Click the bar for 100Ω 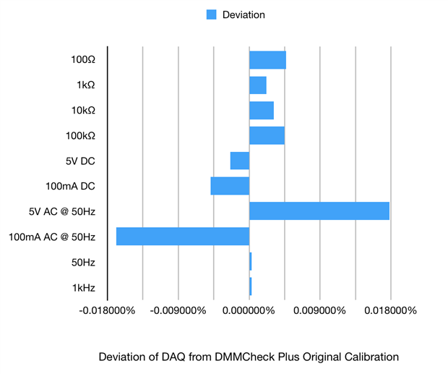point(267,60)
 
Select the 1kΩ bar point(258,85)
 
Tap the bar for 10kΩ point(262,110)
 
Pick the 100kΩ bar point(267,135)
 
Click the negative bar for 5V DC point(240,161)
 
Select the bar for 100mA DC point(230,186)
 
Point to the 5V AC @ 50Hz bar point(319,211)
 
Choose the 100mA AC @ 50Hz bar point(183,237)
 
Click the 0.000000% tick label point(249,311)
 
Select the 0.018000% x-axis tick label point(390,311)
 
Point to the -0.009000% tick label point(178,311)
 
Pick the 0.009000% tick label point(320,311)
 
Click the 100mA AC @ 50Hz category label point(51,237)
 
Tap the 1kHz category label point(83,287)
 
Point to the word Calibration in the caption point(373,357)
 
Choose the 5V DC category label point(80,161)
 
